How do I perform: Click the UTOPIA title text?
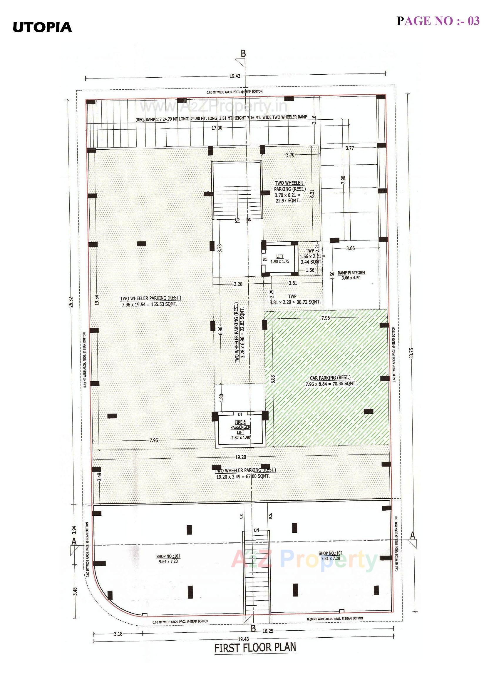pyautogui.click(x=42, y=27)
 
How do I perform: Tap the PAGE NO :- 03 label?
pyautogui.click(x=438, y=21)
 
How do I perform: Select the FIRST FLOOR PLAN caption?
pyautogui.click(x=256, y=664)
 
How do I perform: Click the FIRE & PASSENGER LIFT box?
pyautogui.click(x=240, y=430)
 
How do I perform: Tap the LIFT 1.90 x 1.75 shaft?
pyautogui.click(x=280, y=259)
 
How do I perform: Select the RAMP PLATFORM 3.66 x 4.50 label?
pyautogui.click(x=351, y=275)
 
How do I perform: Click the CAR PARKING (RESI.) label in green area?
pyautogui.click(x=330, y=378)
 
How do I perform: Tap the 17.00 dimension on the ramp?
pyautogui.click(x=217, y=128)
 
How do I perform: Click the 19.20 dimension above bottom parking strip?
pyautogui.click(x=240, y=457)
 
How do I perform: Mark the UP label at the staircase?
pyautogui.click(x=237, y=220)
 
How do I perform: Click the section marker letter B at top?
pyautogui.click(x=243, y=54)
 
